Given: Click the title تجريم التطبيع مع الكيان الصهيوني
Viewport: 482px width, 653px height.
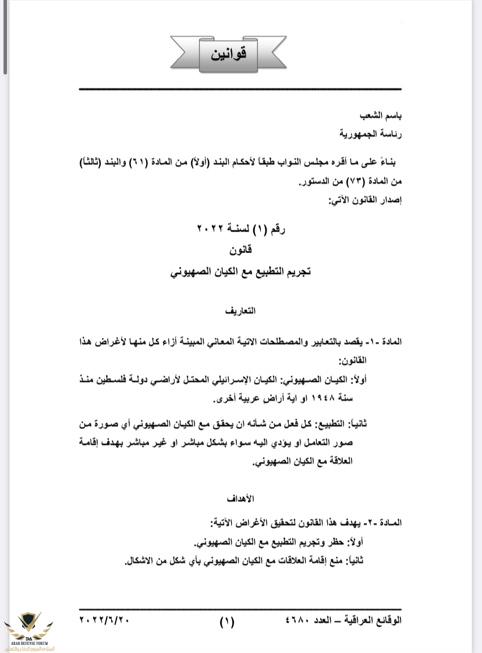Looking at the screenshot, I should (x=240, y=272).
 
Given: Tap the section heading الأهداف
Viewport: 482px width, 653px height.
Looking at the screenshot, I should (x=240, y=499).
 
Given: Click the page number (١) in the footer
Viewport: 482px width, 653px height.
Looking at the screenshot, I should (x=226, y=622).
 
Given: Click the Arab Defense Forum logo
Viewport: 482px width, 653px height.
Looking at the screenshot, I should (x=29, y=629).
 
